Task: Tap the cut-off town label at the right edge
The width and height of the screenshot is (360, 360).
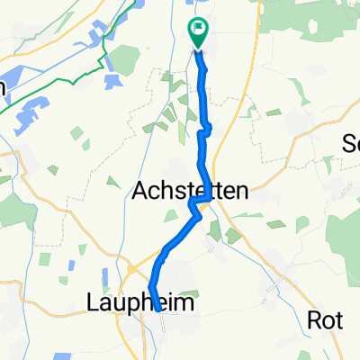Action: pyautogui.click(x=352, y=143)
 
